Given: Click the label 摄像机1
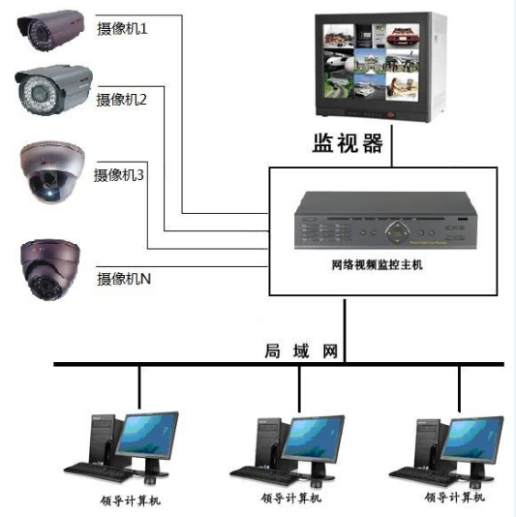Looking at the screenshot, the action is click(122, 29).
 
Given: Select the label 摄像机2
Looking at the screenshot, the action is click(121, 100).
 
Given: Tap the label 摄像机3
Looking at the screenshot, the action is click(119, 174).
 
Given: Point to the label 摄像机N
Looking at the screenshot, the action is click(124, 279).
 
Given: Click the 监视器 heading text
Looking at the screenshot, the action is click(348, 143).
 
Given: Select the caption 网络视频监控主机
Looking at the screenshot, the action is click(377, 264).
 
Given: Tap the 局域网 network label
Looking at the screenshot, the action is click(301, 350).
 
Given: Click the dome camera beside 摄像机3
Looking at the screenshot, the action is click(52, 172).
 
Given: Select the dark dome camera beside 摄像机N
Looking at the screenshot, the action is click(50, 270).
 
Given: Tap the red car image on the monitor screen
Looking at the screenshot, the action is click(403, 36).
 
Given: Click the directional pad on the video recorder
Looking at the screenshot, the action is click(398, 232).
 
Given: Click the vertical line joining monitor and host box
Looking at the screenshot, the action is click(392, 146).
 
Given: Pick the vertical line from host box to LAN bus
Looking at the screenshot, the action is click(345, 330).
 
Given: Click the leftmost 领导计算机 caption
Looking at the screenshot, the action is click(131, 502).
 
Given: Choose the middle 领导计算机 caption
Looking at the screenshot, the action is click(291, 498).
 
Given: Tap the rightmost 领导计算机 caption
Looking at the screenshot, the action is click(454, 497).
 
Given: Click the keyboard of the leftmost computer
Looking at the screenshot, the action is click(99, 471).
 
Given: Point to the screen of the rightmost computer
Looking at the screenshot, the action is click(472, 438).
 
